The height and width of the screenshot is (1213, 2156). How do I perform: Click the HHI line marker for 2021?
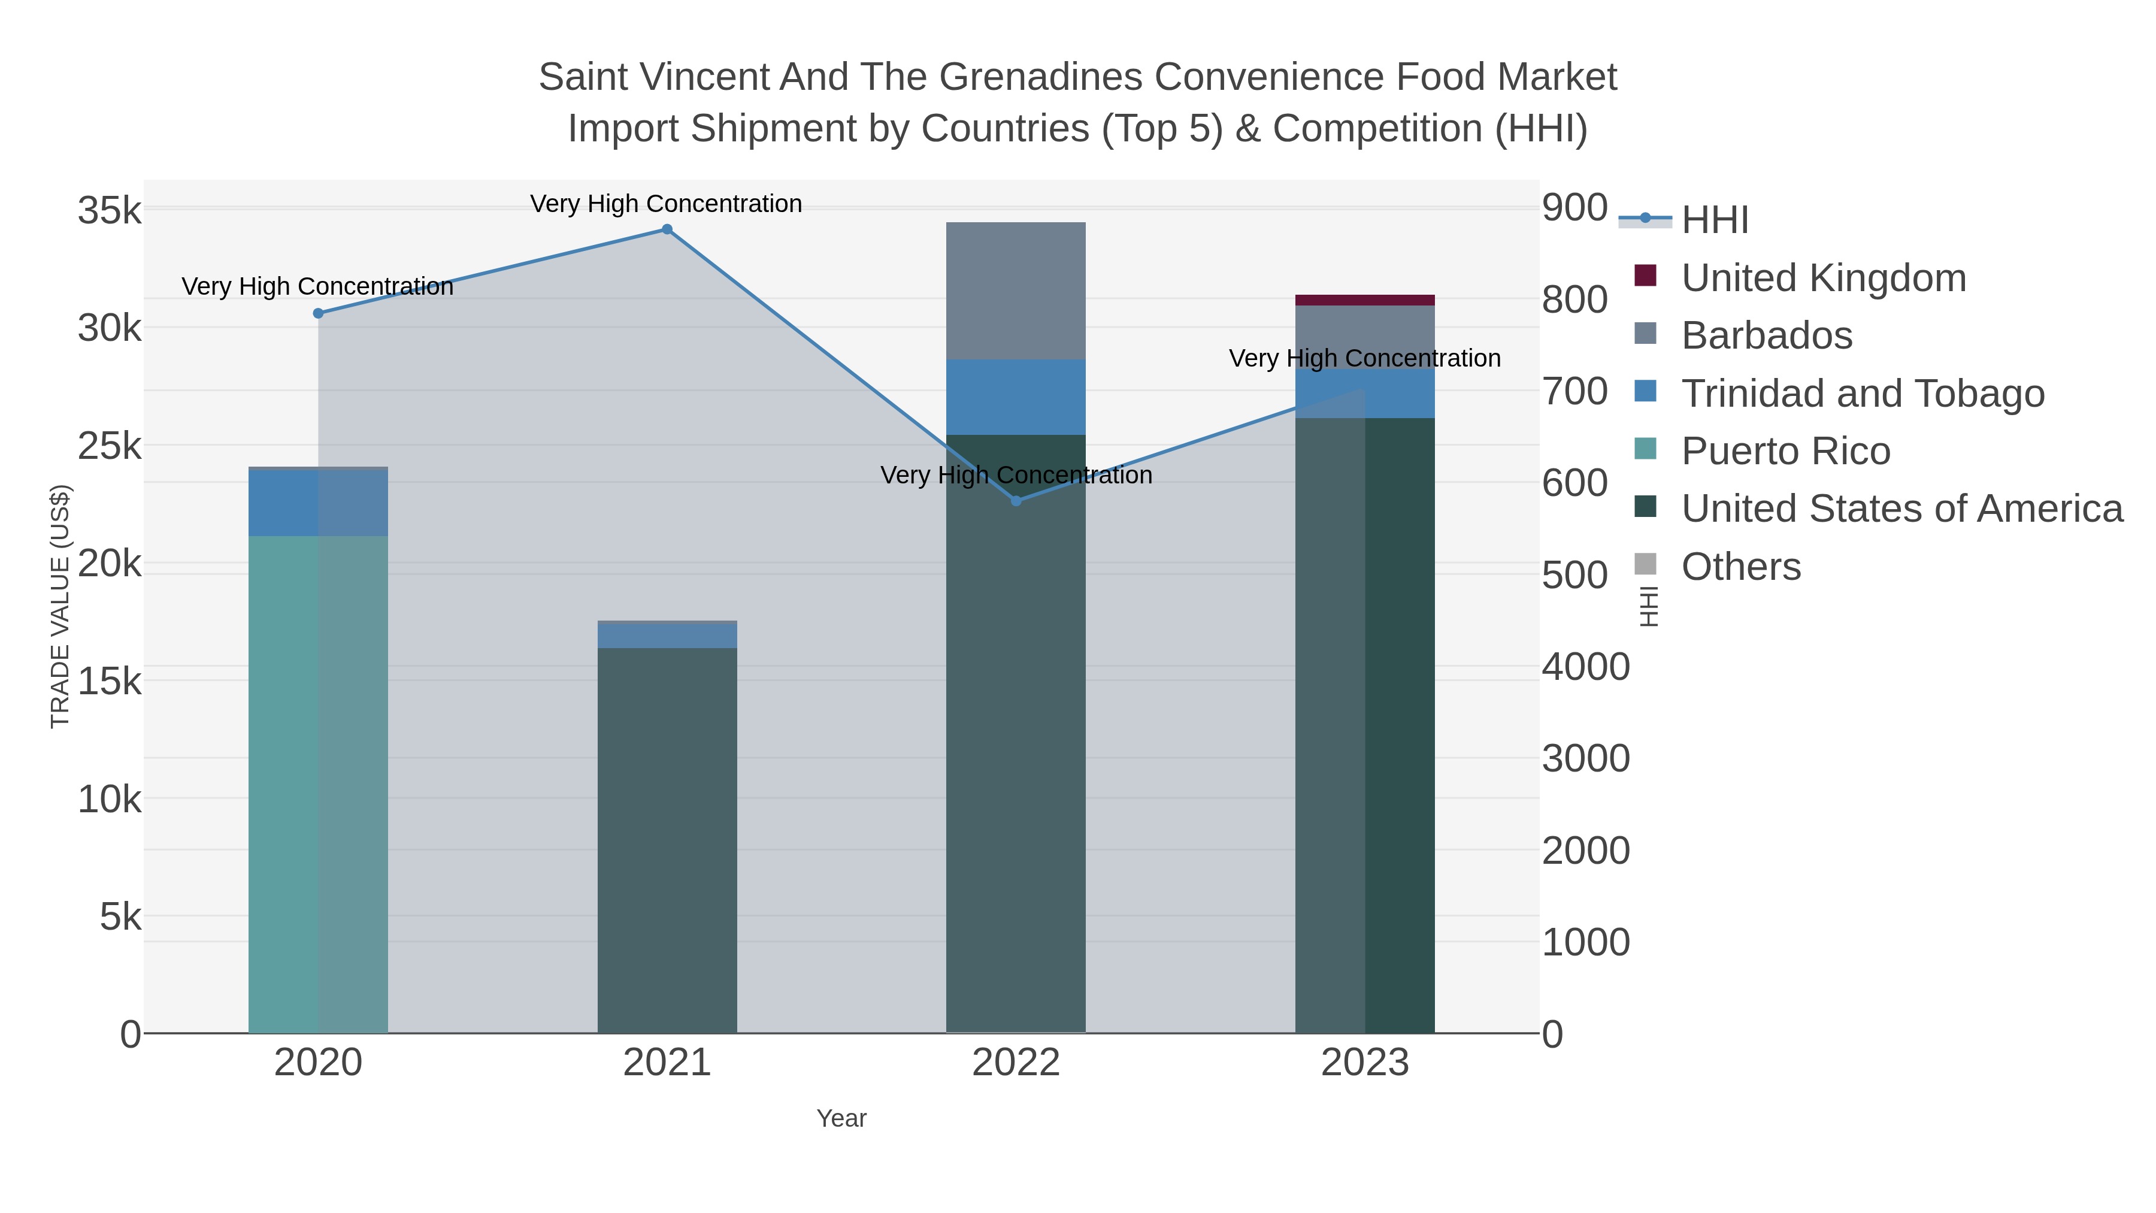point(667,229)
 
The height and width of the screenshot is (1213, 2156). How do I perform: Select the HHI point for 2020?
point(318,313)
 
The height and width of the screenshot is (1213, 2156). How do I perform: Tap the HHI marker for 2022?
point(1016,501)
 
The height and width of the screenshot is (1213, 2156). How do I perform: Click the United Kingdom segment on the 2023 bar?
point(1364,300)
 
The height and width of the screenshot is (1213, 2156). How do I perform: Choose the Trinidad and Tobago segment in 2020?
point(318,503)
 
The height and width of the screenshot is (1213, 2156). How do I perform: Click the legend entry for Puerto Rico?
point(1785,451)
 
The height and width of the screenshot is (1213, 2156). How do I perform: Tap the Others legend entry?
point(1741,567)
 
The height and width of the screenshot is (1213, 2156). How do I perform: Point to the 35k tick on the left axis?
point(110,211)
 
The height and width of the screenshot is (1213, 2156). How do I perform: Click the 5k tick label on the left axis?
point(120,918)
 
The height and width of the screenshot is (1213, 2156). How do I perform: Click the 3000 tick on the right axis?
point(1585,758)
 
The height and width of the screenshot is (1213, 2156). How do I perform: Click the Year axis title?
point(841,1118)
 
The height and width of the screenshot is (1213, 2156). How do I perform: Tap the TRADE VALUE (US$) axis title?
point(60,606)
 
